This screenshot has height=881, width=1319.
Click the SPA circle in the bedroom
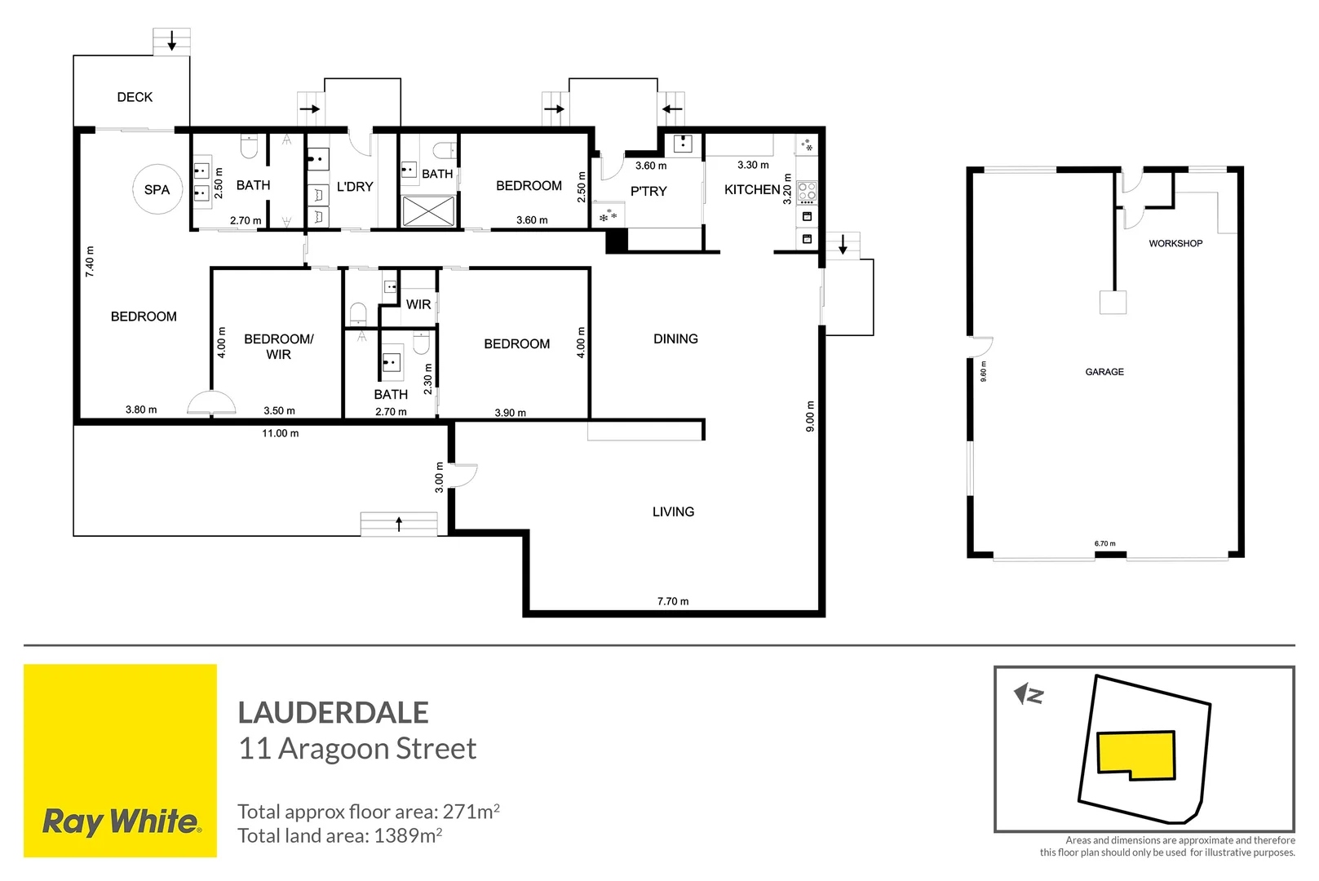157,189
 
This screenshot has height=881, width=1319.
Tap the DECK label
135,97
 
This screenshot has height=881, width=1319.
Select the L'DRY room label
355,187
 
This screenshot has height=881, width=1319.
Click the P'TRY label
648,191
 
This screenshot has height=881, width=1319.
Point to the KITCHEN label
752,189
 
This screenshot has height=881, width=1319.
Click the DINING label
675,339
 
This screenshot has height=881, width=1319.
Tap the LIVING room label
673,511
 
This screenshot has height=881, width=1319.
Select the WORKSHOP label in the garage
1175,243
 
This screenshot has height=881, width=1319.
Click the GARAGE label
1104,372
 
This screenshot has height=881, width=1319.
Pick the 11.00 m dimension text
280,433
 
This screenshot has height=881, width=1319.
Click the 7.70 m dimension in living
673,601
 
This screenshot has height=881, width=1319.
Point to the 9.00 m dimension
810,416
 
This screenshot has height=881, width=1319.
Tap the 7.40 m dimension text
90,262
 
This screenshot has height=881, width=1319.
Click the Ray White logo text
121,821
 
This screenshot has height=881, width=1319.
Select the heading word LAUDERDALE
333,713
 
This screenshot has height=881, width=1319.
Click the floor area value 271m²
471,812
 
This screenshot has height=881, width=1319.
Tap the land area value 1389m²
408,835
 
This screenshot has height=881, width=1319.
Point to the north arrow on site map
1028,695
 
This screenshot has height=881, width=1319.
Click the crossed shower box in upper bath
428,210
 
